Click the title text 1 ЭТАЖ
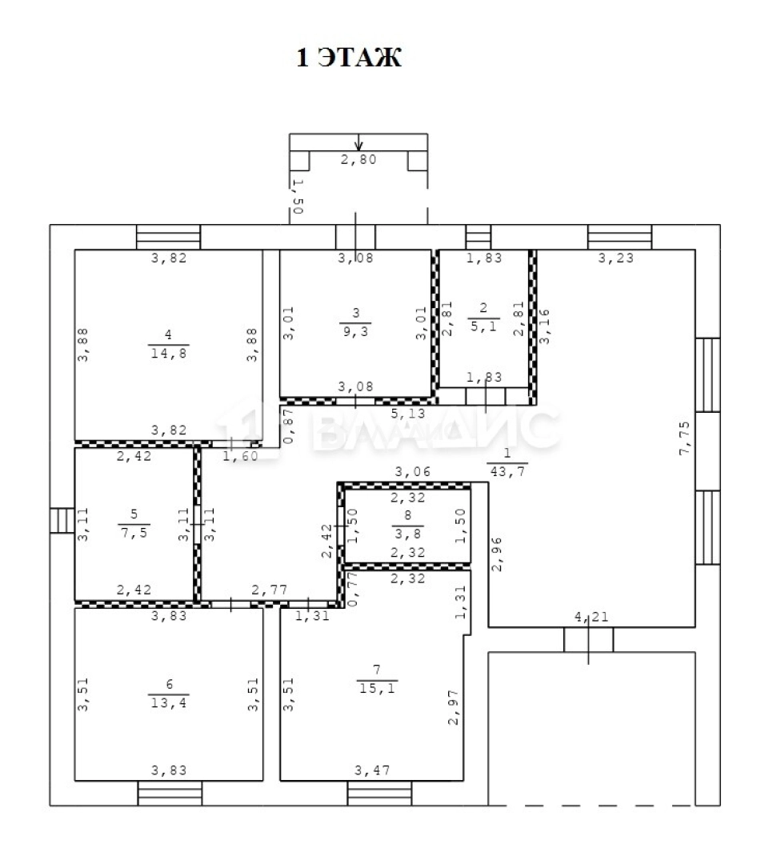(349, 58)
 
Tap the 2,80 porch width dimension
(358, 160)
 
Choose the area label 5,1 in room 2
(484, 326)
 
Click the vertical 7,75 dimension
(685, 437)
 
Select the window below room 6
(170, 793)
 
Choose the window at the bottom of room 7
(379, 793)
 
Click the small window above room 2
(478, 237)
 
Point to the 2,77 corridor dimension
(268, 590)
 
